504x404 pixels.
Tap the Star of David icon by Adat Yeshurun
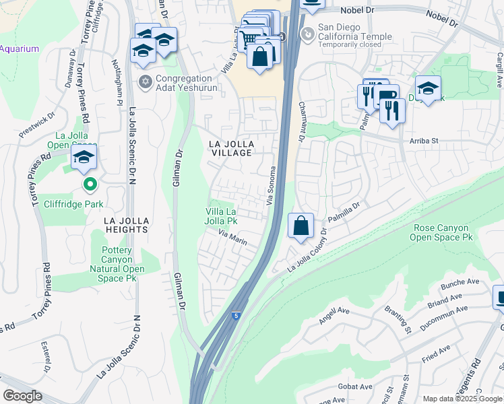[x=144, y=82]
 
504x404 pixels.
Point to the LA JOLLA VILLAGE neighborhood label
[x=230, y=149]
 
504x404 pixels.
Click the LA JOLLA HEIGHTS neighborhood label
[x=126, y=225]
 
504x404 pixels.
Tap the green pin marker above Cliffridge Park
[x=89, y=183]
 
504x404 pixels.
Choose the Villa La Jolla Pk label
[x=222, y=215]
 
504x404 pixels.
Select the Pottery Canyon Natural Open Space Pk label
[x=122, y=264]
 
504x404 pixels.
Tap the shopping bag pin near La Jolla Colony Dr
[x=301, y=226]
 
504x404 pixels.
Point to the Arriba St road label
[x=424, y=141]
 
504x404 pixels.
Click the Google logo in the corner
[x=23, y=395]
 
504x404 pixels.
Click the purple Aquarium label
[x=20, y=48]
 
